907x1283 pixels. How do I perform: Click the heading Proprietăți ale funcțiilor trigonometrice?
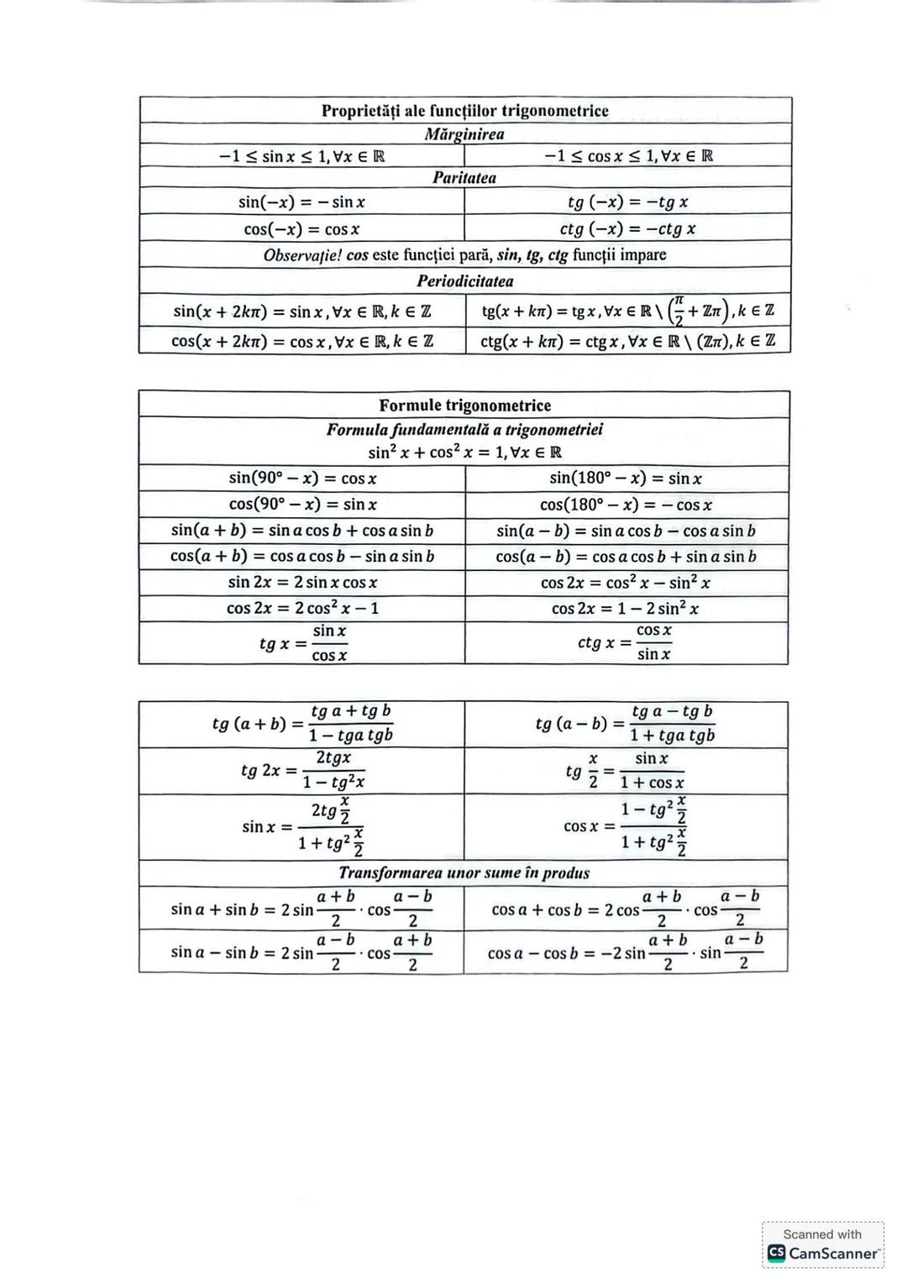point(464,111)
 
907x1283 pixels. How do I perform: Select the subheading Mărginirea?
point(464,134)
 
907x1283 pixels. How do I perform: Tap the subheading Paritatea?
point(464,178)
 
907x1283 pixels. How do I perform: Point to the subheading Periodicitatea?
point(464,281)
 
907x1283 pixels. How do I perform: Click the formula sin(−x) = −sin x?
point(301,202)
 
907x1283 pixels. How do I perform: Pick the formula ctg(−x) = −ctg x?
point(627,229)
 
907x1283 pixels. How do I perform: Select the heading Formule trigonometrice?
point(464,406)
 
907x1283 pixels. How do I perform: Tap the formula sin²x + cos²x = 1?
point(464,453)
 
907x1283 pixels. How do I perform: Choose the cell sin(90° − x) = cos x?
point(302,479)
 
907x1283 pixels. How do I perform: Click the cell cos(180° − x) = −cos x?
point(626,505)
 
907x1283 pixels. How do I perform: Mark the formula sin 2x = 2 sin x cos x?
point(302,583)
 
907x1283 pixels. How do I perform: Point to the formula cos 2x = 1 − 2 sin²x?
point(626,609)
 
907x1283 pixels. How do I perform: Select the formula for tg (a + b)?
point(302,724)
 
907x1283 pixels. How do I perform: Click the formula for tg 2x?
point(302,770)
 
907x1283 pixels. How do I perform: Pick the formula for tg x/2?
point(626,770)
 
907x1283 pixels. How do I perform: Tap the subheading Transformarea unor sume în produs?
point(464,873)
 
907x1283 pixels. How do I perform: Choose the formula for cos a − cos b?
point(626,952)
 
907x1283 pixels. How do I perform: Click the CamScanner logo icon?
point(777,1254)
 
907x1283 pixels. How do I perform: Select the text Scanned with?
point(822,1234)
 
